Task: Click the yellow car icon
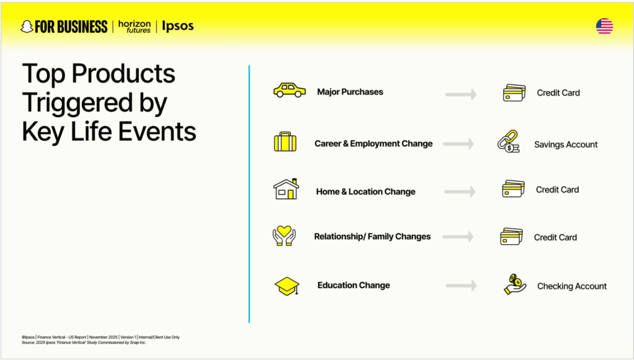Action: click(290, 90)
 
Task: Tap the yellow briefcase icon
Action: click(285, 141)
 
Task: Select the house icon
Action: click(286, 189)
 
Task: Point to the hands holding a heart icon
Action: click(284, 236)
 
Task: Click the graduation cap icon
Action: click(287, 286)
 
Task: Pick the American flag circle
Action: click(604, 27)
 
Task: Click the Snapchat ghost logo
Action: click(27, 27)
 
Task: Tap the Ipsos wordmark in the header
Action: click(178, 26)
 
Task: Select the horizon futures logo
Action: click(134, 27)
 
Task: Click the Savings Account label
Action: click(566, 144)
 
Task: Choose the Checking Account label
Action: click(571, 286)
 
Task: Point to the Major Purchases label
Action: click(350, 92)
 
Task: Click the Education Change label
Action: click(354, 285)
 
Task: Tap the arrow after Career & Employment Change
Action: click(458, 144)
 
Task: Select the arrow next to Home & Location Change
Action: click(460, 191)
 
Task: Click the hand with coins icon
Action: click(515, 284)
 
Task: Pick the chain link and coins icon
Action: click(508, 141)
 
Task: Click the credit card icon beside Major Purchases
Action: click(515, 92)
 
